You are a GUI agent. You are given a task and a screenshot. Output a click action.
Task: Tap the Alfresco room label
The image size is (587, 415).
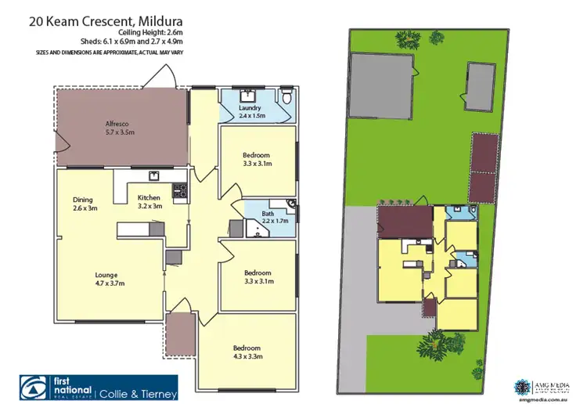[x=121, y=128]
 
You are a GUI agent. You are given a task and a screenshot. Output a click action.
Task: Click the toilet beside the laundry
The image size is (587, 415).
[x=287, y=97]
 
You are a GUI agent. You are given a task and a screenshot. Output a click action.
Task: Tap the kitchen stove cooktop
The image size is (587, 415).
[x=178, y=189]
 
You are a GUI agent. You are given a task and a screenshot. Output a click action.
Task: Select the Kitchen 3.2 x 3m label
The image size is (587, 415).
[x=149, y=201]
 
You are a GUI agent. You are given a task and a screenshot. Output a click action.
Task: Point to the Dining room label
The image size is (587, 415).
[x=83, y=203]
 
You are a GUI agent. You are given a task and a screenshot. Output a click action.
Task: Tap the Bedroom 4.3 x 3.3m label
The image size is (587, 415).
[x=247, y=352]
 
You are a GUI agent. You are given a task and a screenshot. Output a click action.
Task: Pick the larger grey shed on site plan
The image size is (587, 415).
[x=382, y=83]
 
